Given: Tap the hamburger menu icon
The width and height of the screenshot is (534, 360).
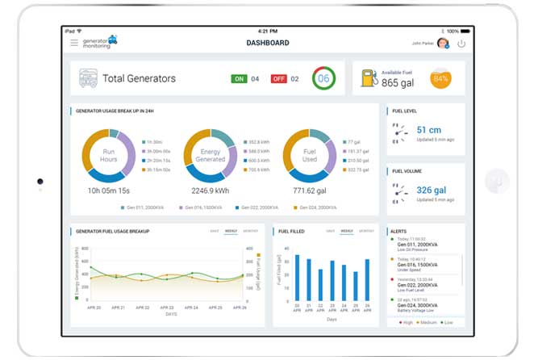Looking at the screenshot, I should coord(74,42).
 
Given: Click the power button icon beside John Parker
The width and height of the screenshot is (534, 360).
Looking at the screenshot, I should coord(461,43).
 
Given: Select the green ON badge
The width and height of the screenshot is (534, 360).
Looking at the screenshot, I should coord(239,79).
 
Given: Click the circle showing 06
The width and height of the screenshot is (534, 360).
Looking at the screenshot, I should coord(323,79).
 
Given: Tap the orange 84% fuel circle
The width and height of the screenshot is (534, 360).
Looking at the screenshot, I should coord(440,79).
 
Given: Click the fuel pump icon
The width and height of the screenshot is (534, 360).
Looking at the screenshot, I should coord(369,78).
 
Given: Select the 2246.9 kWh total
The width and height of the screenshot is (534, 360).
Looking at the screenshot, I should coord(209,190).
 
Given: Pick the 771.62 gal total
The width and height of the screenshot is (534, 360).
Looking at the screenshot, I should coord(307,190).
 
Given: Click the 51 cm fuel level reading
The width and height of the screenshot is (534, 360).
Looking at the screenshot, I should coord(428,129).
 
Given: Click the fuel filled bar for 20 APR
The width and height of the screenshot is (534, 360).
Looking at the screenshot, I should coord(297,278).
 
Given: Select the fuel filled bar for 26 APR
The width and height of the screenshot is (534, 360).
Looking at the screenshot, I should coord(367,279).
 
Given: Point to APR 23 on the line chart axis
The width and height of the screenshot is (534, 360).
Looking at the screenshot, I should coord(167,308).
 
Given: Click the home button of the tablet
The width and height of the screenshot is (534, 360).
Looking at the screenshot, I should coord(498,180).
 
